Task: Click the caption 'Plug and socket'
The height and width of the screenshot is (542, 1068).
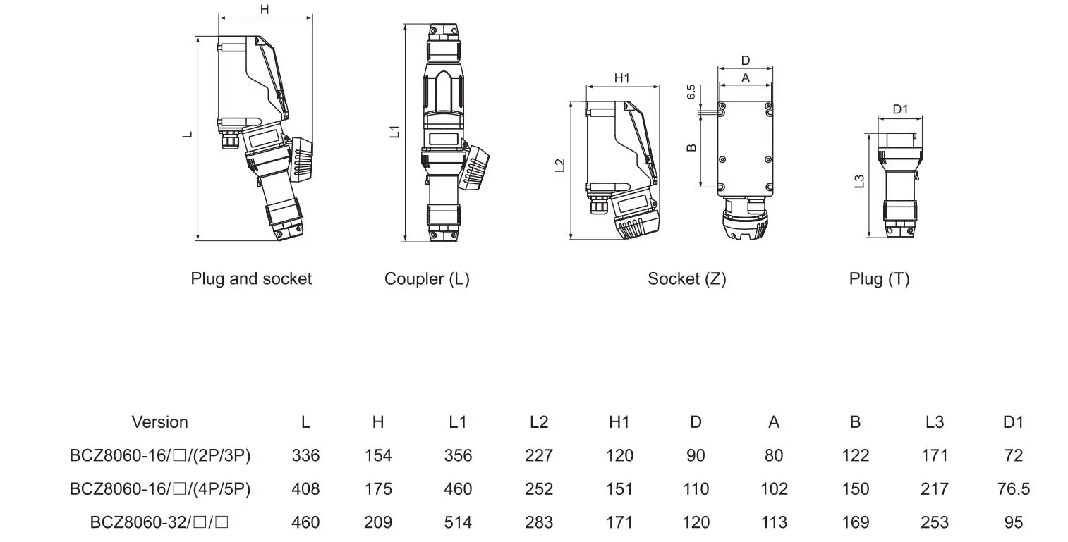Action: coord(251,278)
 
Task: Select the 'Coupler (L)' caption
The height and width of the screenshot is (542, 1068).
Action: coord(427,278)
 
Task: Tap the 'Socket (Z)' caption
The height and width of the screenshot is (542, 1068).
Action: coord(686,278)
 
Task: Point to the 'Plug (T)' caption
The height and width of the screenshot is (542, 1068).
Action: coord(879,278)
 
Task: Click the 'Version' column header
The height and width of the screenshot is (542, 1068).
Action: coord(159,422)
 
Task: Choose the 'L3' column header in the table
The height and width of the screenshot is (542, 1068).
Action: coord(934,422)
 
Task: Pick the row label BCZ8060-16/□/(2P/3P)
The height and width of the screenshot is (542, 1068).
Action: coord(160,455)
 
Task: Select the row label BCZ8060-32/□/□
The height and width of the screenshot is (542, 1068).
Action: coord(160,522)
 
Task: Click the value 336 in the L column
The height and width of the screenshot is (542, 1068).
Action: coord(305,455)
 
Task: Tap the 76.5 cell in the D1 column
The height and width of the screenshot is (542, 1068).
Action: coord(1013,488)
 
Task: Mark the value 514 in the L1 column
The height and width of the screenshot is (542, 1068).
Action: coord(458,522)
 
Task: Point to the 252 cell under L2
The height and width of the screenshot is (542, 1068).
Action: coord(539,488)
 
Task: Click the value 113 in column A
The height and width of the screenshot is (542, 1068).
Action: coord(774,522)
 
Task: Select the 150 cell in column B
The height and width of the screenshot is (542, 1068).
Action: coord(855,488)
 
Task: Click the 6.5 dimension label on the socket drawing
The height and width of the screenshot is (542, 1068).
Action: coord(691,92)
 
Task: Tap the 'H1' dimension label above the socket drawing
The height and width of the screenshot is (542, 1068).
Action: coord(621,78)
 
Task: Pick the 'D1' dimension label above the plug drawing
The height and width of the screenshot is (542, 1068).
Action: coord(901,109)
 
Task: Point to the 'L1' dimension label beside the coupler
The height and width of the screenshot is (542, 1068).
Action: coord(396,130)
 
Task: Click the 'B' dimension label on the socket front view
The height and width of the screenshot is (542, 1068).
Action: coord(692,147)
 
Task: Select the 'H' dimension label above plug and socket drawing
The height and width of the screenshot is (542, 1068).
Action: coord(265,9)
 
